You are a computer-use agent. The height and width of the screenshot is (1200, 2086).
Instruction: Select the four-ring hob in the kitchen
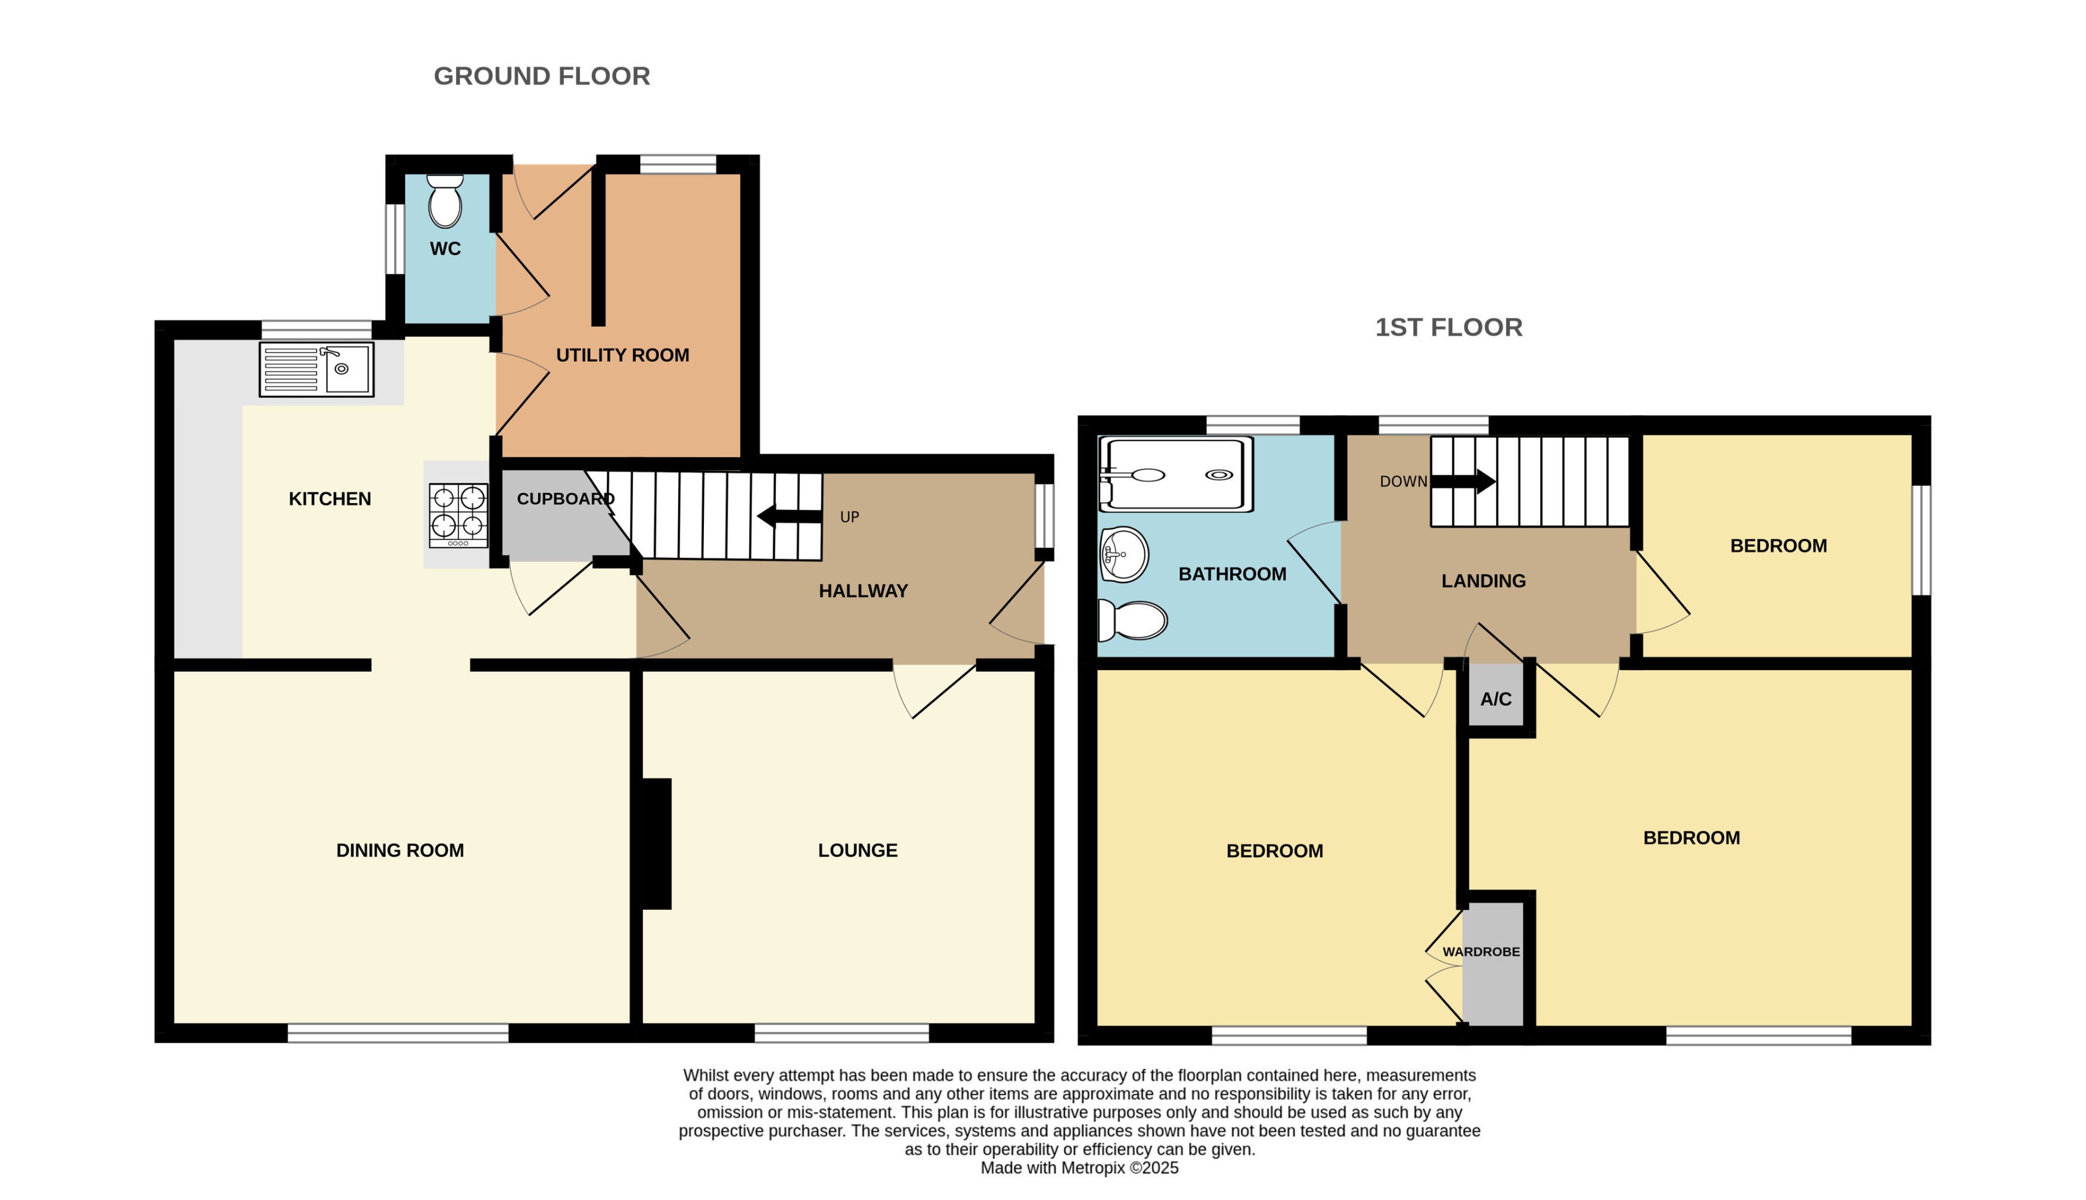coord(458,515)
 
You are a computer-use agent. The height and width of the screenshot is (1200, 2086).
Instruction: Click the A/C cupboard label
coord(1495,699)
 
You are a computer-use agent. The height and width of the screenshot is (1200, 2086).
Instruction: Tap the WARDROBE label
coord(1480,952)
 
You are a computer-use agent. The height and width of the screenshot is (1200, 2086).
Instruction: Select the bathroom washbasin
coord(1123,554)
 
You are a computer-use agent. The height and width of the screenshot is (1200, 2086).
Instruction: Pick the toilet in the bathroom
coord(1134,621)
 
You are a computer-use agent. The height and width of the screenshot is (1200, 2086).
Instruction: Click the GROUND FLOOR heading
coord(541,76)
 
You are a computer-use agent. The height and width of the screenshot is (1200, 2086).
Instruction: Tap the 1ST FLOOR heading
coord(1448,327)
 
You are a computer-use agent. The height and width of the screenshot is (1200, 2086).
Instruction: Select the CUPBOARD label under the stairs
coord(565,498)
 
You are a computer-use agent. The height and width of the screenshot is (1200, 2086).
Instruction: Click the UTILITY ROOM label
coord(622,355)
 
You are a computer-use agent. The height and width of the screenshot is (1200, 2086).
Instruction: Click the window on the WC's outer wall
coord(395,239)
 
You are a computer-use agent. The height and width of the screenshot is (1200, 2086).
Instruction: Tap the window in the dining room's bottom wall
coord(398,1034)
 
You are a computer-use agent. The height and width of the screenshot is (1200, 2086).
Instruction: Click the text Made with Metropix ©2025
coord(1079,1168)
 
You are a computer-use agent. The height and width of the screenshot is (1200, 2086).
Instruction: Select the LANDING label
coord(1483,581)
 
